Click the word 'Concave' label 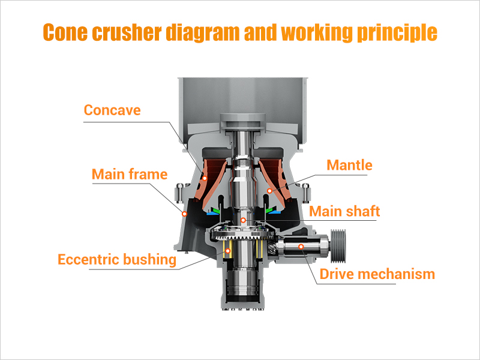pos(112,110)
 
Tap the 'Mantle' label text pos(349,164)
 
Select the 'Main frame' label pos(129,175)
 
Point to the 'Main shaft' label pos(344,211)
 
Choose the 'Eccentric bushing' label pos(117,260)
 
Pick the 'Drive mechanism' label pos(377,274)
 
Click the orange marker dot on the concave pos(205,178)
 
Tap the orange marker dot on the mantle pos(270,191)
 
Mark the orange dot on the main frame pos(185,213)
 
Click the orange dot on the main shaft pos(243,220)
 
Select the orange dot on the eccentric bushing pos(227,250)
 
